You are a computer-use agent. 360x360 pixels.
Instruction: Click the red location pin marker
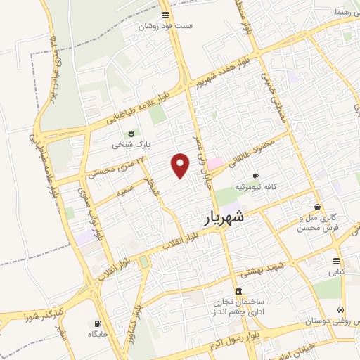coord(181,165)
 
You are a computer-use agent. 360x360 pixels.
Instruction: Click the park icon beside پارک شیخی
coord(129,134)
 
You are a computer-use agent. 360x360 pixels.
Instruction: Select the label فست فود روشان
coord(165,26)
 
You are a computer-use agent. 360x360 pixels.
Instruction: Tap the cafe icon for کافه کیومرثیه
coord(255,176)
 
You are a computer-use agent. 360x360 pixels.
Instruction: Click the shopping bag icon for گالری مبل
coord(319,207)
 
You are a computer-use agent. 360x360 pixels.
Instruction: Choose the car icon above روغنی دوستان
coord(340,309)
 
